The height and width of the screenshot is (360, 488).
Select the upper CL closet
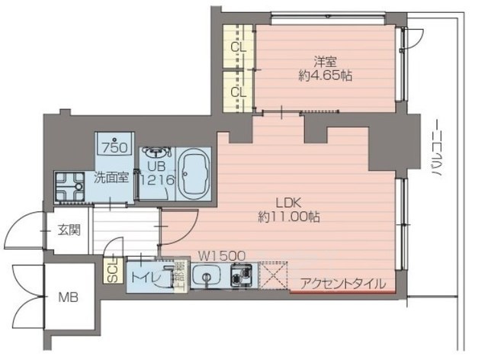[238, 47]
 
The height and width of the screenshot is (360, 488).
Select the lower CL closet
[238, 92]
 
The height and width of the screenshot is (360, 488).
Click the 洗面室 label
[111, 178]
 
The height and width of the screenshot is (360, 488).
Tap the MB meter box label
[68, 297]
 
